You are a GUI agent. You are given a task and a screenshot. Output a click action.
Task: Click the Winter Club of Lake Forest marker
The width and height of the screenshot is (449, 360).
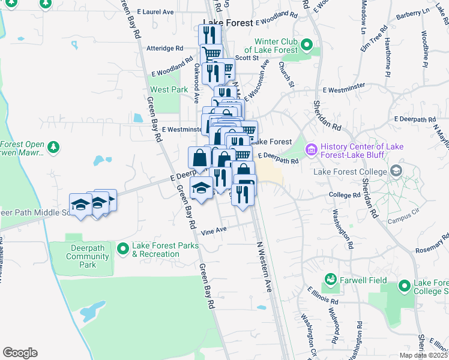tap(307, 45)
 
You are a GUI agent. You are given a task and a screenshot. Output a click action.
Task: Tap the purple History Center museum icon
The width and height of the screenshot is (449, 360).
tap(312, 148)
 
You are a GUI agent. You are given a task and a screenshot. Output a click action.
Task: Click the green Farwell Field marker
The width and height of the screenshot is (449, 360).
tap(330, 279)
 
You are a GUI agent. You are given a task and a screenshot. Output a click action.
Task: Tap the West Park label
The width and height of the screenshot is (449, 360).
tap(160, 89)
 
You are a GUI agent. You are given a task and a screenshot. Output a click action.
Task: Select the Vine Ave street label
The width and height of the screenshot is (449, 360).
tap(214, 230)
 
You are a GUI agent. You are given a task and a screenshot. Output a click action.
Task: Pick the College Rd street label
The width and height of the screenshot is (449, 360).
tap(343, 195)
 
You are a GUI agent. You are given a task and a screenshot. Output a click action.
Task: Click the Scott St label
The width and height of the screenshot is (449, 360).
tap(246, 58)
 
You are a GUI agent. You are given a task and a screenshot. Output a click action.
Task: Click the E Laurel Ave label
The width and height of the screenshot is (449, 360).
tap(155, 12)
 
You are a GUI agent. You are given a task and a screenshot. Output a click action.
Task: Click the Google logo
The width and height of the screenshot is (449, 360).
tap(20, 352)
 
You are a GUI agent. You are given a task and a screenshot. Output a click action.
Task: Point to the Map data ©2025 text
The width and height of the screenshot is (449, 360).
tap(424, 356)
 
